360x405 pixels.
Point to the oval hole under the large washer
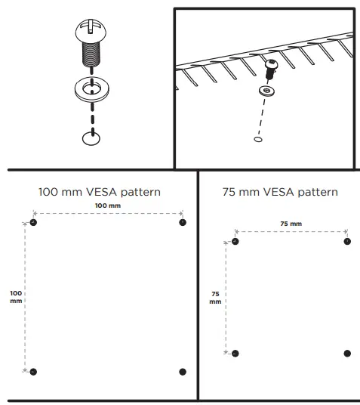coord(90,137)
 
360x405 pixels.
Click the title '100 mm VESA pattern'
coord(99,192)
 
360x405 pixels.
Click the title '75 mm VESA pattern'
coord(280,192)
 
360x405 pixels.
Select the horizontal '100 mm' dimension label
coord(107,206)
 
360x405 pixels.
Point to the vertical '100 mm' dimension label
coord(16,296)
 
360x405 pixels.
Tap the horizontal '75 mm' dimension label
coord(291,224)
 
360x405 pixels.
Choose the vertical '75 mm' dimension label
coord(216,297)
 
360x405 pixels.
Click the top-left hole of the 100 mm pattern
coord(33,222)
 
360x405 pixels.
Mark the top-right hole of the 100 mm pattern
coord(182,222)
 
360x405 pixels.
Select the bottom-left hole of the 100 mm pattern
coord(33,371)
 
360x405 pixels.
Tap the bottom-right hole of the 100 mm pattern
coord(182,371)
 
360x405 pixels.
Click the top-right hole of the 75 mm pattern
coord(347,241)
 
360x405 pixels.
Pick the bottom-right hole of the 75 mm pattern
coord(347,353)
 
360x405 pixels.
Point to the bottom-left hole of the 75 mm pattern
coord(235,353)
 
